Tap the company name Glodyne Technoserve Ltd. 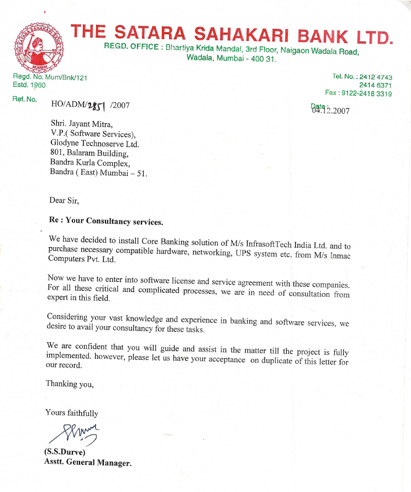coord(94,144)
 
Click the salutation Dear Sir coord(64,201)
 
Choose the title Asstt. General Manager coord(87,462)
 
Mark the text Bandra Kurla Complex coord(89,163)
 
